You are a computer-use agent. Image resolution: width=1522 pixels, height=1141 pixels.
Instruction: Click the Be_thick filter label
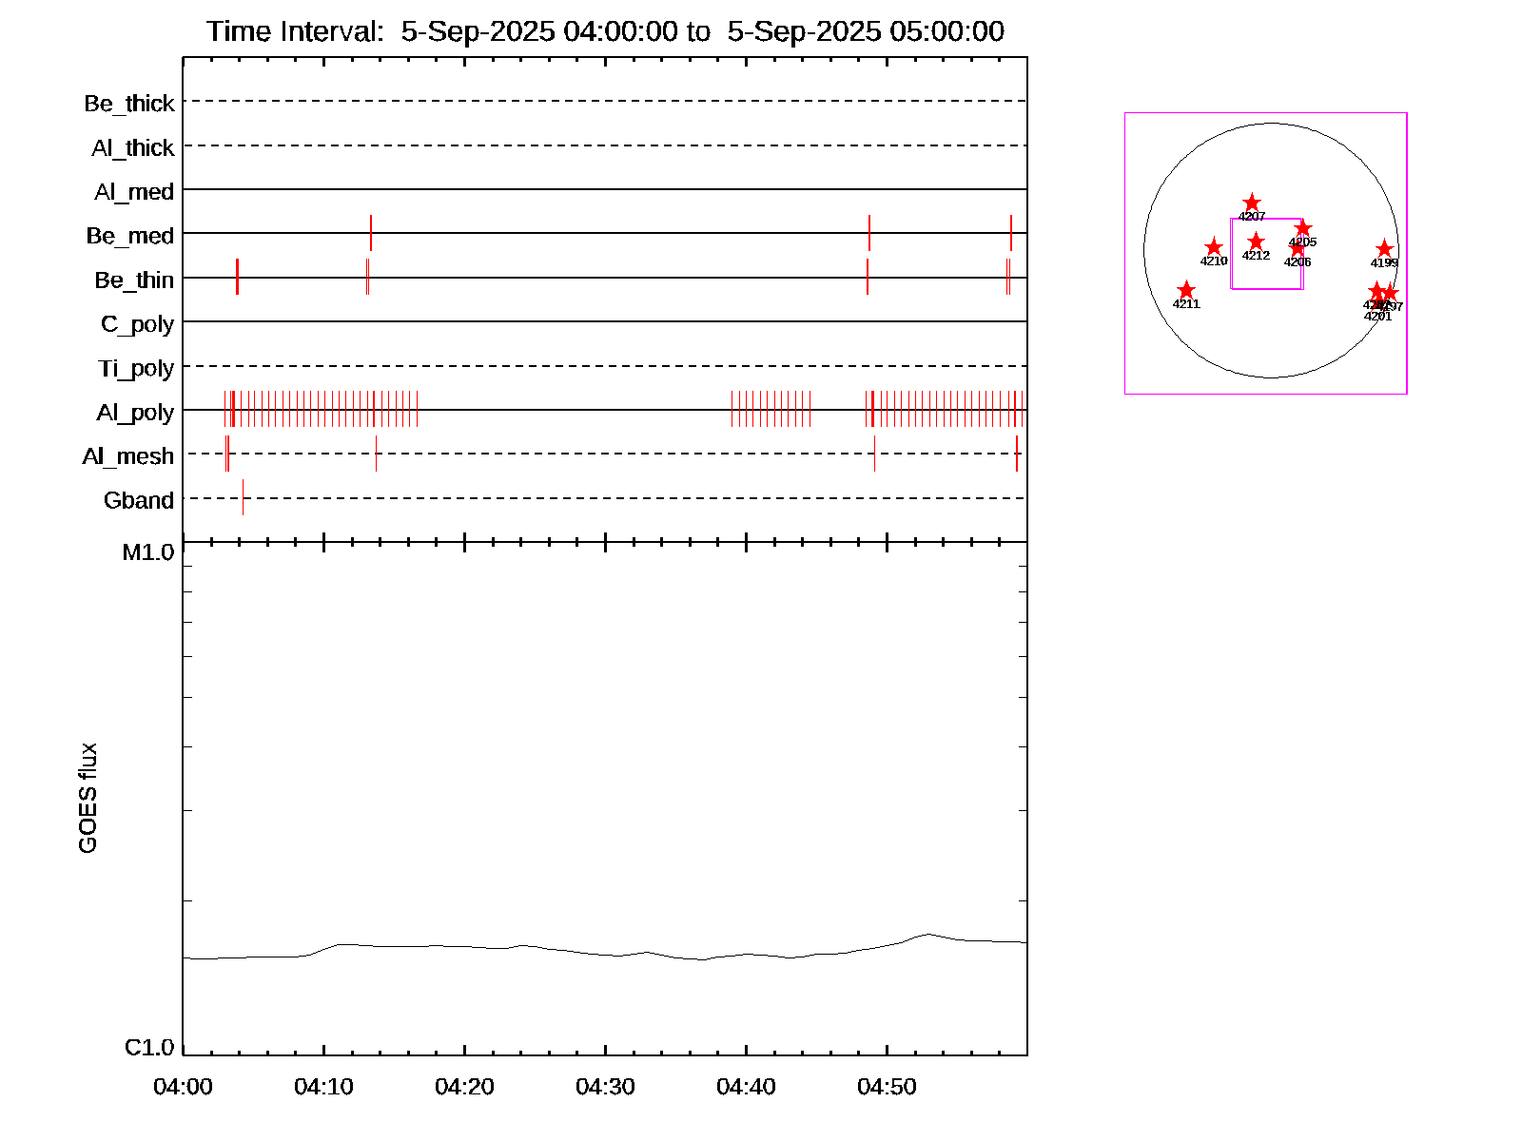(129, 104)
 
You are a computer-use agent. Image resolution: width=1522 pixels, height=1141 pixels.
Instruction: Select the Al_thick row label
(133, 148)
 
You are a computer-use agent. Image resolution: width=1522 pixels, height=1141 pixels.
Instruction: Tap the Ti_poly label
(136, 369)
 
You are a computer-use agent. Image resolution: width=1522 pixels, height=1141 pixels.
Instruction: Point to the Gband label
(139, 501)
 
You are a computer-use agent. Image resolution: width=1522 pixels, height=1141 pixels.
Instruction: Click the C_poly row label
(137, 324)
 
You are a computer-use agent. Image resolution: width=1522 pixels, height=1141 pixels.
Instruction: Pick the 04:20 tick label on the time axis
(464, 1087)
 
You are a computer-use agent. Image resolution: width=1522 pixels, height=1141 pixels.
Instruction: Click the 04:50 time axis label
(887, 1087)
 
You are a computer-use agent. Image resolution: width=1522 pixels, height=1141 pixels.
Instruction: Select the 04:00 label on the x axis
(183, 1087)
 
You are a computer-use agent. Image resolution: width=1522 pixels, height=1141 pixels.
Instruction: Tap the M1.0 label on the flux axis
(148, 552)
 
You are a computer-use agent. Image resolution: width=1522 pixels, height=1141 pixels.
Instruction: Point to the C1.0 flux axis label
(149, 1048)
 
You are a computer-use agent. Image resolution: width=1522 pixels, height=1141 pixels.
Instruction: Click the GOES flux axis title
(88, 799)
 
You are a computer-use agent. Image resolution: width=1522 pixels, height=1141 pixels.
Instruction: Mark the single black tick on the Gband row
(243, 497)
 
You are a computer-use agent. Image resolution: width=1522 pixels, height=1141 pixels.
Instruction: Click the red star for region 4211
(1186, 290)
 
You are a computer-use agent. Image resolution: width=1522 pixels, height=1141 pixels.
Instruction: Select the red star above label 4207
(1252, 203)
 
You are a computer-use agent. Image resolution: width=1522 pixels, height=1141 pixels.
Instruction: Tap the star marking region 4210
(1214, 247)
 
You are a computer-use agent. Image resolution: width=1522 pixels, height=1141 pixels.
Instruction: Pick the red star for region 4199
(1384, 249)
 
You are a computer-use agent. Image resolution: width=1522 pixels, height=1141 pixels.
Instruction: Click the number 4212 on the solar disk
(1256, 256)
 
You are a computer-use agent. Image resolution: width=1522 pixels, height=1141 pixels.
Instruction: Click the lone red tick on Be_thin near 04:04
(237, 277)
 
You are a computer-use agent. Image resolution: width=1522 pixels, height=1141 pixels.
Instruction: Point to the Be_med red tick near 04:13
(371, 233)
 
